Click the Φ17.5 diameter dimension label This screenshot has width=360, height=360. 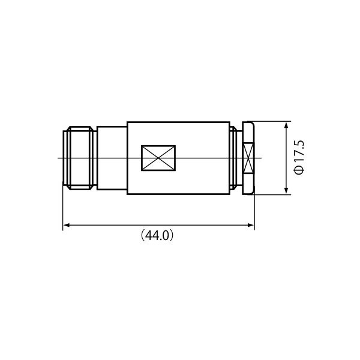299,157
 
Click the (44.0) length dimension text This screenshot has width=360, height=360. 157,235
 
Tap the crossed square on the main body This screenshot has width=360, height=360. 158,158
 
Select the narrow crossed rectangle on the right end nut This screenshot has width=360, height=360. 248,158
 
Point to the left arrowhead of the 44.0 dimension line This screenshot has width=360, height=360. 67,225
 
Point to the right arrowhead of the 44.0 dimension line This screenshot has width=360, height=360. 251,225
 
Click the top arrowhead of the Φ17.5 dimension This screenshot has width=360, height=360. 286,125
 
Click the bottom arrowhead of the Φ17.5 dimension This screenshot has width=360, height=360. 286,190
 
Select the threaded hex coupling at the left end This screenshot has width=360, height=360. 80,158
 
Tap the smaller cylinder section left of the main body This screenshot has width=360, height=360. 112,158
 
